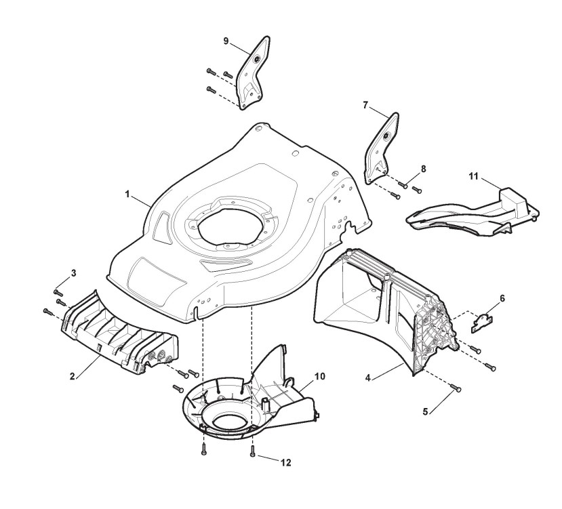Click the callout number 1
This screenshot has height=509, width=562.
(127, 194)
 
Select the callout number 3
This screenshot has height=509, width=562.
(74, 272)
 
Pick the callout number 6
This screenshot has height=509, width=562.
(502, 298)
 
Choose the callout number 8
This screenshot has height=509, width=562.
(423, 167)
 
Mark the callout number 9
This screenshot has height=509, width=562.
(226, 41)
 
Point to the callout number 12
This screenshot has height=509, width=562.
(287, 462)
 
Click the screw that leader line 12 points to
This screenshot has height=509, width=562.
(252, 452)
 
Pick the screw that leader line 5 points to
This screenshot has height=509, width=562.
(456, 388)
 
